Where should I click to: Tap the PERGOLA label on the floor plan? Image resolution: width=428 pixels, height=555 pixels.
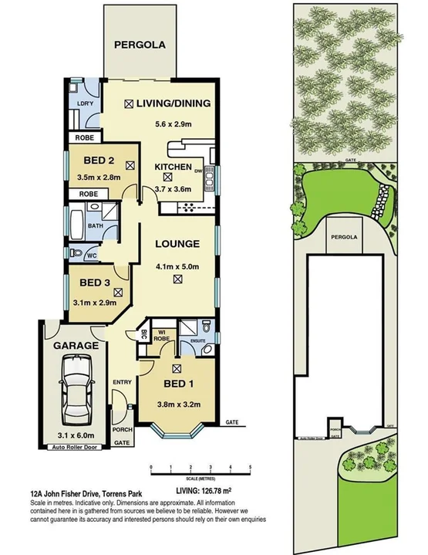[140, 45]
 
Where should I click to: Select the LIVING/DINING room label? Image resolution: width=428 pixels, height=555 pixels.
[173, 103]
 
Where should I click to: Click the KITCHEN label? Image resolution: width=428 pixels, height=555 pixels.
[173, 167]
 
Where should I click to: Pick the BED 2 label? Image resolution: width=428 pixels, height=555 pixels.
[99, 162]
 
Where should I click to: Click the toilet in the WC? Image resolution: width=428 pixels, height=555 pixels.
[75, 253]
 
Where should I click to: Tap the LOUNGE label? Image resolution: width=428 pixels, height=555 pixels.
[178, 244]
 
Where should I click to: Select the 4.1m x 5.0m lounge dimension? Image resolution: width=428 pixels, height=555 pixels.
[178, 266]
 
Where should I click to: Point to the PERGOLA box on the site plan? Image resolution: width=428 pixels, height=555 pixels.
[344, 236]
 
